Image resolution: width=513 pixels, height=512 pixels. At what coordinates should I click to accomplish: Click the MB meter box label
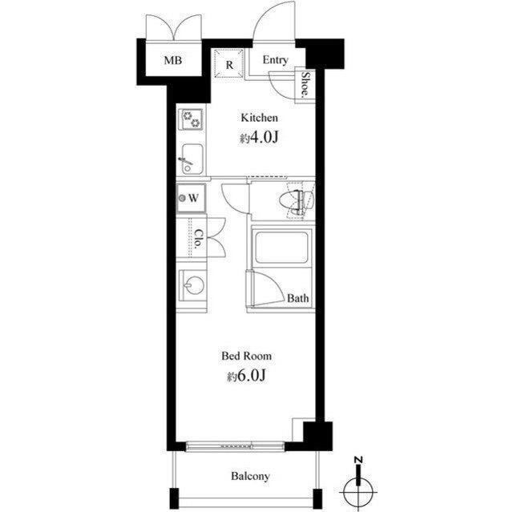point(173,60)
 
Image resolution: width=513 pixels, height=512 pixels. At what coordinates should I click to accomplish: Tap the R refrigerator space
point(229,63)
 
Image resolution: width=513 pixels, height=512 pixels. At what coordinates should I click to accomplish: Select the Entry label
point(276,60)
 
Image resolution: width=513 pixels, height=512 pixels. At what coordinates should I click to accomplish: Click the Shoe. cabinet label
point(305,85)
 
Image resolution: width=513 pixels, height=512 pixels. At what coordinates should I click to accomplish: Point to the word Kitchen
point(260,118)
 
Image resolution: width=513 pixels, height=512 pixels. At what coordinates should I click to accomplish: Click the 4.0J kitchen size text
point(259,139)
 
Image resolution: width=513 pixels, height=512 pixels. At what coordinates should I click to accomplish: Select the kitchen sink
point(192,159)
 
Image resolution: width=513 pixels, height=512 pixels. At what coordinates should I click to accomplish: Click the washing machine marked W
point(192,198)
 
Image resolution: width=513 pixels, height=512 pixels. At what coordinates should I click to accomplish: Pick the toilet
point(297,200)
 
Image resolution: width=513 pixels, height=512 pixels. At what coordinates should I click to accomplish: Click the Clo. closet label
point(199,239)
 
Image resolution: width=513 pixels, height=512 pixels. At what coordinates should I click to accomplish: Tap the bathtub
point(281,247)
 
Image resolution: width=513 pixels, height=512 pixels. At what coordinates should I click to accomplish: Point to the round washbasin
point(194,284)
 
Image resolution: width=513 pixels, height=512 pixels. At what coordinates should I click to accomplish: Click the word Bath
point(297,298)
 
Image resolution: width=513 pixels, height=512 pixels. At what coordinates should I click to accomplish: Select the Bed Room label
point(246,356)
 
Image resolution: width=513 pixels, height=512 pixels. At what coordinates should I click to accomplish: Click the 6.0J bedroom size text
point(246,377)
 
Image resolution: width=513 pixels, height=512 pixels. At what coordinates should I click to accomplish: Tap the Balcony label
point(250,476)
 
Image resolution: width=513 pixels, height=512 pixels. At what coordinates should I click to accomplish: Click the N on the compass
point(359,461)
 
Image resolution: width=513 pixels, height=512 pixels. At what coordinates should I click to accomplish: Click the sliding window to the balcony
point(235,446)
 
